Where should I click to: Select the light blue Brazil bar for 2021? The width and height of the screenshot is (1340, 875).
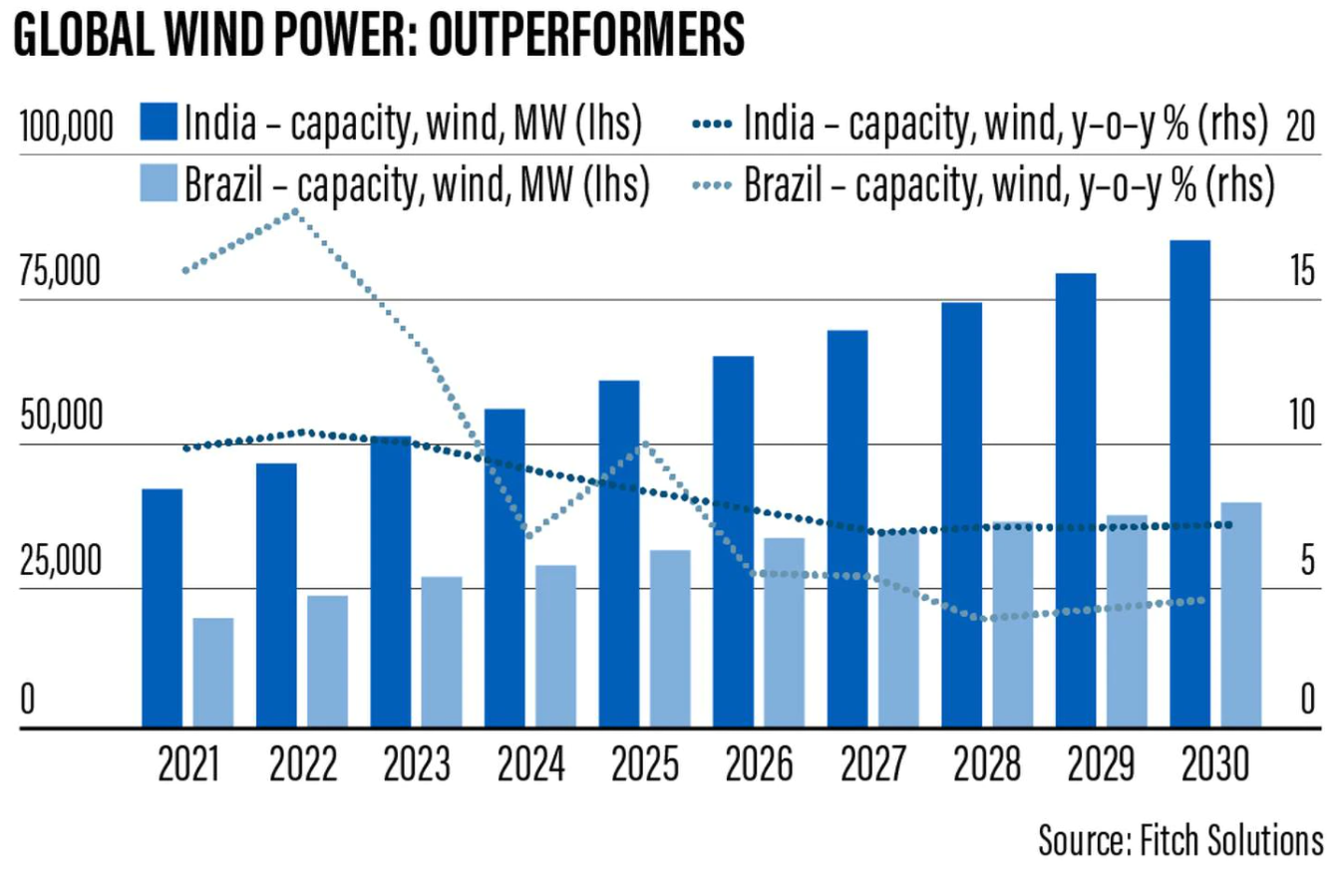tap(213, 673)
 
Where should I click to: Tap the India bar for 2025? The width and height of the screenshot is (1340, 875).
tap(619, 553)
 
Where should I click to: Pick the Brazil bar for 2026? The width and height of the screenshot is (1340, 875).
tap(785, 633)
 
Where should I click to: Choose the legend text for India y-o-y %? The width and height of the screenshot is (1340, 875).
tap(1005, 124)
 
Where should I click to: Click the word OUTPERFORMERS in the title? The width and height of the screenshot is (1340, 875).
tap(567, 38)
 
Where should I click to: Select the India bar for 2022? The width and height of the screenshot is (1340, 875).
tap(276, 595)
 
